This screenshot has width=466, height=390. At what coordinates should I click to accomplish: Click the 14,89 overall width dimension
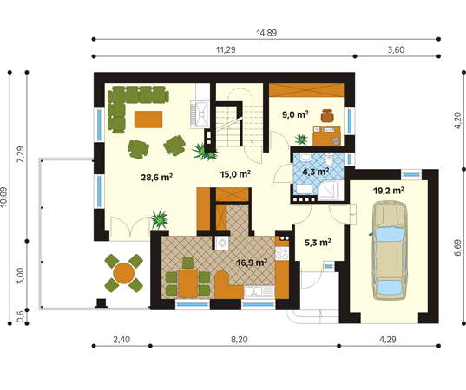[x=266, y=33]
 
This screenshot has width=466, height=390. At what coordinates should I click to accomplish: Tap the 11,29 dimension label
[x=226, y=50]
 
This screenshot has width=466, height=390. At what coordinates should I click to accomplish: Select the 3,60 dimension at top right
[x=396, y=50]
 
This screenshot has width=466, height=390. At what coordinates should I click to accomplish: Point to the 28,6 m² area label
[x=157, y=177]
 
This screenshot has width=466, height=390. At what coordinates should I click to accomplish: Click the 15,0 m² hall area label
[x=235, y=173]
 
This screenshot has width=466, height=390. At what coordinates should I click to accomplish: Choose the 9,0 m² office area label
[x=295, y=114]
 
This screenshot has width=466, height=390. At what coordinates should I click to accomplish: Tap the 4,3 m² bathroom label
[x=316, y=172]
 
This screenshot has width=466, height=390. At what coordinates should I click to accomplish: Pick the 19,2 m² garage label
[x=389, y=191]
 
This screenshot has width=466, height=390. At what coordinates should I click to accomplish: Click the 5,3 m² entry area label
[x=318, y=243]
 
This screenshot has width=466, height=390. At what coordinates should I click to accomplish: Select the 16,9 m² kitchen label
[x=252, y=263]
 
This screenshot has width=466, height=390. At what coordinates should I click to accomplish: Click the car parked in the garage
[x=390, y=250]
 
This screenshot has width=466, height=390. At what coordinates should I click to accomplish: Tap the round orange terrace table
[x=123, y=273]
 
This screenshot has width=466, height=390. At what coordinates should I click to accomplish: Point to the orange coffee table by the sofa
[x=148, y=120]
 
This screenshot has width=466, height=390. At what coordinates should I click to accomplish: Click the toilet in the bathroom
[x=329, y=159]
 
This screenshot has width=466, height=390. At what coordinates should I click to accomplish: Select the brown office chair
[x=327, y=115]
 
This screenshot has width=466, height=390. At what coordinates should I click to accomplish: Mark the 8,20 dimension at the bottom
[x=240, y=339]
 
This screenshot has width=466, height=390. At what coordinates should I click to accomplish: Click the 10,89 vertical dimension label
[x=3, y=197]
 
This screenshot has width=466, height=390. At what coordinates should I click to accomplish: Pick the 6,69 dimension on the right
[x=457, y=247]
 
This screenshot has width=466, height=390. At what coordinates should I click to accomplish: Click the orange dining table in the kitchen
[x=187, y=283]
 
